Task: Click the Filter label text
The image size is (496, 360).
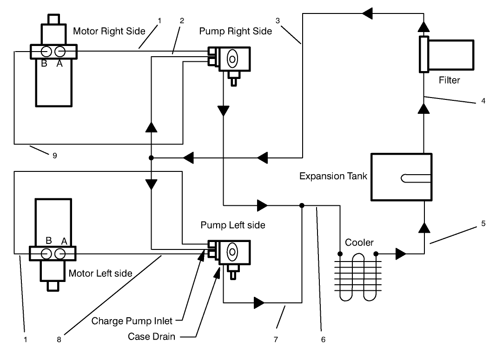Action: tap(449, 80)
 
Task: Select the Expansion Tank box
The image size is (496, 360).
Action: tap(401, 176)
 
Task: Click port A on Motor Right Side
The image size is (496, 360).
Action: tap(60, 51)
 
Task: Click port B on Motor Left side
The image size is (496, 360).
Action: tap(46, 254)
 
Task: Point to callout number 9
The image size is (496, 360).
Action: tap(55, 156)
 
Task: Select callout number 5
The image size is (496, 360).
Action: tap(483, 223)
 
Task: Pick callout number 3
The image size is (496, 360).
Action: tap(278, 20)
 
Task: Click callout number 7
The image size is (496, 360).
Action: tap(276, 340)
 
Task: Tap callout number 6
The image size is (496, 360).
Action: tap(323, 340)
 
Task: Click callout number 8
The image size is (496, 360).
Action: tap(59, 340)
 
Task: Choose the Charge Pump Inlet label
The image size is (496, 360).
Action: tap(132, 321)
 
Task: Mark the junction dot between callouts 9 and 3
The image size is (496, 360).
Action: tap(152, 158)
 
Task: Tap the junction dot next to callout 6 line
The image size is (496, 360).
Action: tap(302, 205)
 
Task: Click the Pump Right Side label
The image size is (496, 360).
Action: tap(235, 32)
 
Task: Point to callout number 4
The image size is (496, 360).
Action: tap(483, 100)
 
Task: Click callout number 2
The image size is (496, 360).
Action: tap(182, 20)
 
